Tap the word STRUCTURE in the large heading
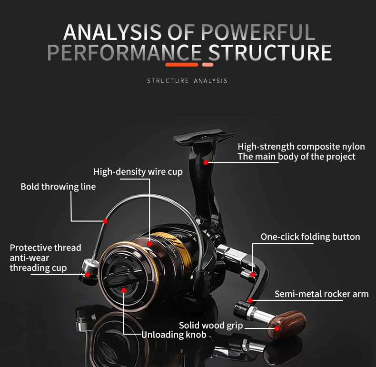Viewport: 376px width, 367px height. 270,53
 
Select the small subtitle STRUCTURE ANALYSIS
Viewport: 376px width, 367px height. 187,81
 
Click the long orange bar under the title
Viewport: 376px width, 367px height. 181,64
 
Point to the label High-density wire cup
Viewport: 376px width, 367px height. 138,171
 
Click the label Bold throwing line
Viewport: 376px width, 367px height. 58,187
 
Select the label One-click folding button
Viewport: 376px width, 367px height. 310,237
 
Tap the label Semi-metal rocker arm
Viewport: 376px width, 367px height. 321,294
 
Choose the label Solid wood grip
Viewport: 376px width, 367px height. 211,326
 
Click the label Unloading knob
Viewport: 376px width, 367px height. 174,335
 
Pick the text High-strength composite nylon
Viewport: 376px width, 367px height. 301,147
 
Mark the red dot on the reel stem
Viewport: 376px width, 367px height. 206,162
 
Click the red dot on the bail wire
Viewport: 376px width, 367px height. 105,221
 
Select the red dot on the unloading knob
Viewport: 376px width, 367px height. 124,289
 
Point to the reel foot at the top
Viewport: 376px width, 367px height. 198,138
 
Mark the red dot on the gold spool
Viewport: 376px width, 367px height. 149,243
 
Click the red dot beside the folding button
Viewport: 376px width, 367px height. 253,274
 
